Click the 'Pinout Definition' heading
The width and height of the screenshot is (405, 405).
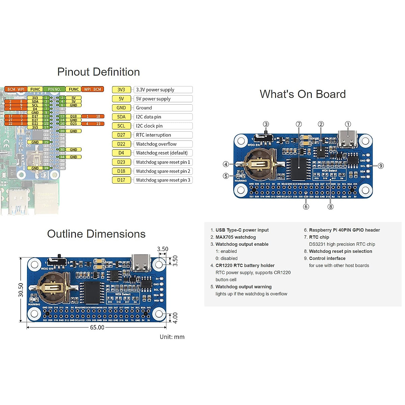[x=99, y=72]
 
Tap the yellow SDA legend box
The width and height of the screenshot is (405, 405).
[x=121, y=117]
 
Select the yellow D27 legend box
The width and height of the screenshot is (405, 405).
[x=121, y=135]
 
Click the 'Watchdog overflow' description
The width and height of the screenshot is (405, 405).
[x=156, y=144]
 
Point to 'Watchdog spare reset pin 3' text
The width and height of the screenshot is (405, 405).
[x=163, y=180]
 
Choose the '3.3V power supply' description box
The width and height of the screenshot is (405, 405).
[x=163, y=90]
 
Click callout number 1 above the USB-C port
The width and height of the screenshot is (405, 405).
[x=348, y=124]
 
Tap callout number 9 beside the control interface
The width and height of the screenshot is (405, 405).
[x=381, y=166]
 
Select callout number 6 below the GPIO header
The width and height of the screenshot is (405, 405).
[x=306, y=207]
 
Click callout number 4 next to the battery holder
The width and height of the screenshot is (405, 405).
[x=226, y=164]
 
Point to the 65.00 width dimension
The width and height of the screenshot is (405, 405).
[x=97, y=327]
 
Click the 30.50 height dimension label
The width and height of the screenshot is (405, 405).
[x=21, y=290]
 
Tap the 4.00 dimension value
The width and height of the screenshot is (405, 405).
[x=175, y=318]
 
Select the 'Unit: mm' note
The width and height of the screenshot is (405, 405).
[x=172, y=337]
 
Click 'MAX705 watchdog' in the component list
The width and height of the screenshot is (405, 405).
[x=236, y=237]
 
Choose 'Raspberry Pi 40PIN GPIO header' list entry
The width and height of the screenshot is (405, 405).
[x=344, y=230]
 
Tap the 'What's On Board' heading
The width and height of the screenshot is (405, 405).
[x=303, y=94]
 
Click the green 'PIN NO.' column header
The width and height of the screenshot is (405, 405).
[x=54, y=89]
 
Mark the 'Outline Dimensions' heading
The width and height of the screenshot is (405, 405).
[x=96, y=234]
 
